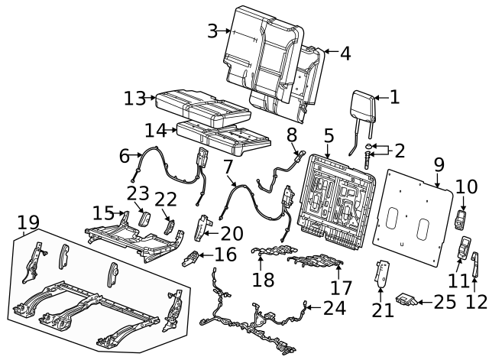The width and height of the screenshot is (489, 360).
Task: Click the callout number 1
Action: [x=394, y=96]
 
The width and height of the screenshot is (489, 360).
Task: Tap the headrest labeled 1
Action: [x=364, y=107]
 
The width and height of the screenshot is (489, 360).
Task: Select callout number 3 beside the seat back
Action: [x=212, y=31]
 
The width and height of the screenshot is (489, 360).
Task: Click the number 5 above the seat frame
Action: [x=329, y=136]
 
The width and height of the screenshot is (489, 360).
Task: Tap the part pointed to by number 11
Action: [x=464, y=247]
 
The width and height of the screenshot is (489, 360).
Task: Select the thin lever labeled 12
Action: [x=475, y=264]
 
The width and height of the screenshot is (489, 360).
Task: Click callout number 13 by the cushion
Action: [x=134, y=98]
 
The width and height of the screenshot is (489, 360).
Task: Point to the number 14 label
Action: [x=155, y=129]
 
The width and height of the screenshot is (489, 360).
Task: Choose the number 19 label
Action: [x=28, y=222]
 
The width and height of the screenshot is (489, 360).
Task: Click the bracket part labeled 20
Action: [x=202, y=227]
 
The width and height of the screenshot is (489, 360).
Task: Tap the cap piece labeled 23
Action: [x=142, y=221]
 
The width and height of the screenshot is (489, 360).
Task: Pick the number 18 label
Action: [x=263, y=279]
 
